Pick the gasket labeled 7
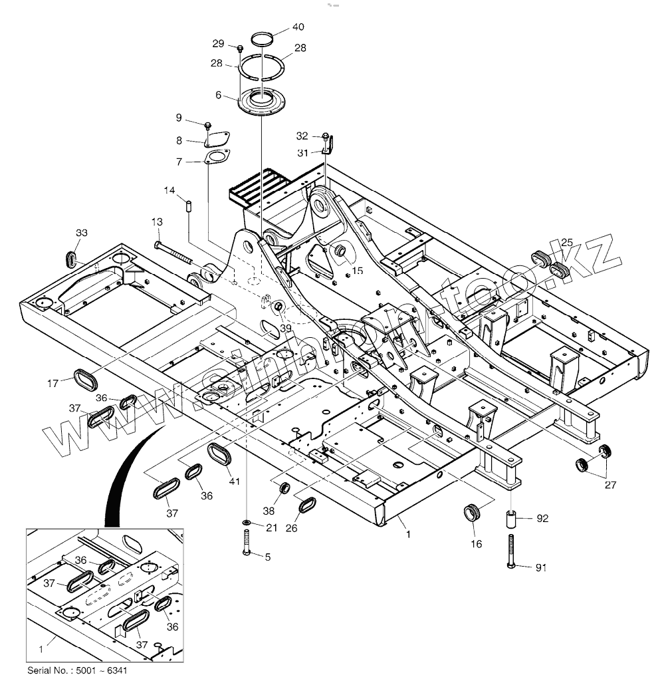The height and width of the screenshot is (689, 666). pos(215,158)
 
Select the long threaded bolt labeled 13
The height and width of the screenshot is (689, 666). pos(174,253)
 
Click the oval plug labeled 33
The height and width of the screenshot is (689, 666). pos(72,257)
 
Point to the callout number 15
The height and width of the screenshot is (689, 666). pos(357,271)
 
